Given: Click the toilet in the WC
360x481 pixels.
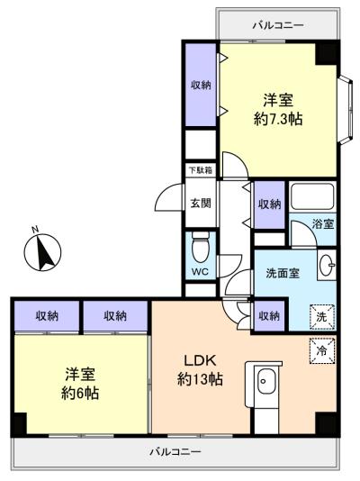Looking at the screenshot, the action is (x=201, y=247).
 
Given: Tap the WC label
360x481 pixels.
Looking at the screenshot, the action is (x=200, y=271).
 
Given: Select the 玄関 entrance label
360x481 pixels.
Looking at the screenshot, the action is (x=201, y=203).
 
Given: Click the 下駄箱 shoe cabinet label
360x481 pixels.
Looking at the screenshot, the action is (x=201, y=170).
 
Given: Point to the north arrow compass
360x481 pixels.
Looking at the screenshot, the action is (x=42, y=252).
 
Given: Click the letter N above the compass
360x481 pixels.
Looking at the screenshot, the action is (x=35, y=229).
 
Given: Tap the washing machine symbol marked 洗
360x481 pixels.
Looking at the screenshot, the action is (x=322, y=317).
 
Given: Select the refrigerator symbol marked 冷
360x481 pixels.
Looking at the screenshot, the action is (x=322, y=351).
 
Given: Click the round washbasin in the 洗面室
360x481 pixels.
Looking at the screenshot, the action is (x=328, y=264).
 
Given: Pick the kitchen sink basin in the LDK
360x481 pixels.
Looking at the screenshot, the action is (x=265, y=381).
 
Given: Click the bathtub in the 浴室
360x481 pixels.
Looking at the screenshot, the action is (x=312, y=196).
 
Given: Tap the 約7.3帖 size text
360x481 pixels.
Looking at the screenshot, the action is (x=278, y=119).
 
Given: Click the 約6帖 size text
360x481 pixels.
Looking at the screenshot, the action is (x=80, y=393).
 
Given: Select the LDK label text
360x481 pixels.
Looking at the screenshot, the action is (x=201, y=360).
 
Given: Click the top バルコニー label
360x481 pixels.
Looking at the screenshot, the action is (x=278, y=25).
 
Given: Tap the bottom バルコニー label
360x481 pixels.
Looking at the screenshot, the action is (x=175, y=451).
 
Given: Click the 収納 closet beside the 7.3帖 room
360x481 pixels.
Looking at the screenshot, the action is (x=201, y=85).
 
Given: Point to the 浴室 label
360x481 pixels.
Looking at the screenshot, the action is (x=323, y=224).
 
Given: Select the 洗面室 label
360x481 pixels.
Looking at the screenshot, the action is (x=283, y=273).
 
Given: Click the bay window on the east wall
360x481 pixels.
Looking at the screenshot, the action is (x=346, y=109).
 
